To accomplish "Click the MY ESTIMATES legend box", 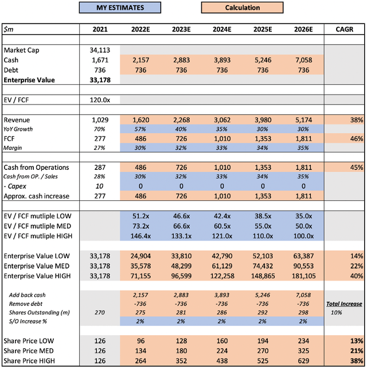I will pos(120,8).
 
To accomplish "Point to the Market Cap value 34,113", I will pos(101,50).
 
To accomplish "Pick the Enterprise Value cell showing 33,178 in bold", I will pos(101,80).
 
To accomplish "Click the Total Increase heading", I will pos(344,304).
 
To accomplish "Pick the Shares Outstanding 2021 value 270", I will pos(101,313).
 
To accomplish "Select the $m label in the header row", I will pos(10,29).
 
